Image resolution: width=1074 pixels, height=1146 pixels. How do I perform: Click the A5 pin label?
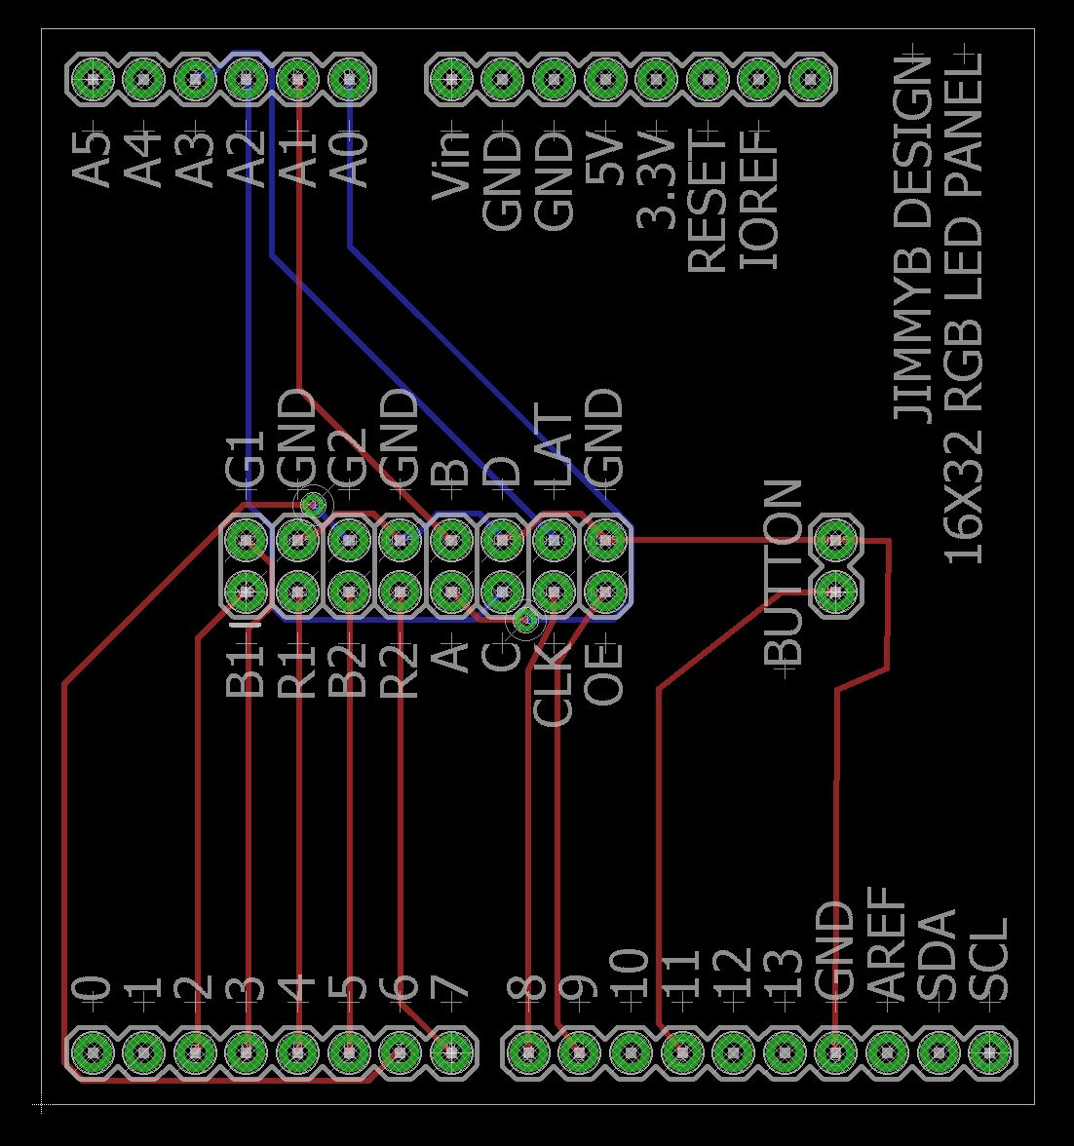coord(95,156)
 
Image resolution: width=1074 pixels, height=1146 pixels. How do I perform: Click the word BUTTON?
coord(785,573)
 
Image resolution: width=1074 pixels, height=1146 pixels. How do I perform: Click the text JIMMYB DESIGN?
coord(912,239)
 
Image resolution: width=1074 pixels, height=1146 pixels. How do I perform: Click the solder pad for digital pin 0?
coord(93,1052)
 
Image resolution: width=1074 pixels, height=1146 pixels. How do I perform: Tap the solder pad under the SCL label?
coord(989,1052)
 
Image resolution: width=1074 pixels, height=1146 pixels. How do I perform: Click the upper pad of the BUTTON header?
coord(835,538)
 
